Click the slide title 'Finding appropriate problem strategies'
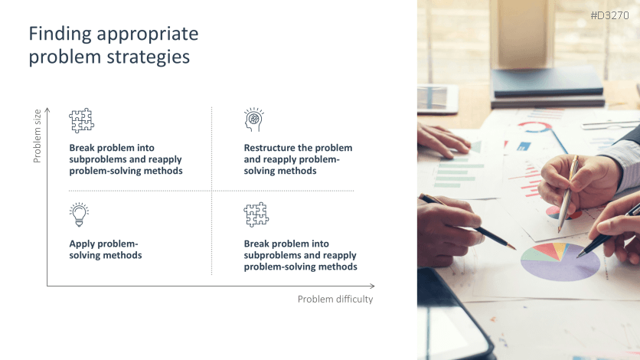tap(113, 45)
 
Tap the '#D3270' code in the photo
tap(610, 15)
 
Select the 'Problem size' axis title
tap(38, 136)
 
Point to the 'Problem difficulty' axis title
tap(335, 299)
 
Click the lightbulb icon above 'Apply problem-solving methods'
tap(79, 214)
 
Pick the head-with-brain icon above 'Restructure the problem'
tap(254, 119)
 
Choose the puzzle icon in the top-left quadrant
tap(82, 120)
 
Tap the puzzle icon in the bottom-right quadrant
tap(256, 214)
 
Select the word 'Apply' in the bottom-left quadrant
tap(80, 244)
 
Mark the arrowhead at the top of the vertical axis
tap(47, 109)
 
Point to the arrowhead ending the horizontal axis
tap(372, 286)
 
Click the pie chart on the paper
tap(560, 261)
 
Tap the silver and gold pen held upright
tap(568, 194)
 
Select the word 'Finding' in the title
tap(60, 34)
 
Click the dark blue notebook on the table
tap(547, 82)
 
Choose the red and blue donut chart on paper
tap(534, 127)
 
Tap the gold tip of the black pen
tap(511, 246)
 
